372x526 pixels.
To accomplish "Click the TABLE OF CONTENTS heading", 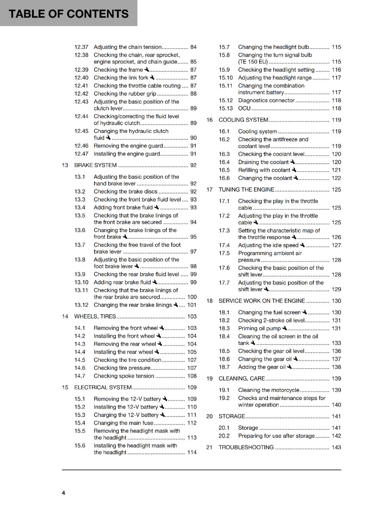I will click(x=68, y=14).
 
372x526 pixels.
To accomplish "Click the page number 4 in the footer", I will click(x=64, y=493).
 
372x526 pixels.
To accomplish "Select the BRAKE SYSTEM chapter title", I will click(x=95, y=165).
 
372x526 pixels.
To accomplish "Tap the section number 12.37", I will click(x=81, y=47).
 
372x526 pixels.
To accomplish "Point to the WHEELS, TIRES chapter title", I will click(x=95, y=317).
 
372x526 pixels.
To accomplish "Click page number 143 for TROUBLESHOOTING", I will click(x=336, y=447).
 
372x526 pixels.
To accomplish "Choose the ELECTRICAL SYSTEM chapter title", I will click(x=103, y=388).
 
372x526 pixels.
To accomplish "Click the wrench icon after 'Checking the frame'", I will click(x=147, y=70).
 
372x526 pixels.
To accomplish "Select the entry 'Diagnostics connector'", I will click(x=266, y=101).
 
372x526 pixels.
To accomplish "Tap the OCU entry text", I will click(x=244, y=108).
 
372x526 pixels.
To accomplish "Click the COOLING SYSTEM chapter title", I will click(x=243, y=120).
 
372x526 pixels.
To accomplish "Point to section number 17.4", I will click(x=224, y=245).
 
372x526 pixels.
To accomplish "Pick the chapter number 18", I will click(x=209, y=301).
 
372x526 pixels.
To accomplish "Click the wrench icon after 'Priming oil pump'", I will click(x=285, y=328).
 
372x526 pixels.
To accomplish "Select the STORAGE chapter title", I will click(x=232, y=417).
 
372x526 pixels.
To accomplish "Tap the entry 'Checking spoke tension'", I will click(x=124, y=376).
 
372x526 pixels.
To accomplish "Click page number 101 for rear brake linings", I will click(x=192, y=305).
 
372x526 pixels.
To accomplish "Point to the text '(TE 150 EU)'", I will click(x=253, y=62).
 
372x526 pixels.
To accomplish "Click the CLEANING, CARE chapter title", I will click(x=242, y=379).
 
